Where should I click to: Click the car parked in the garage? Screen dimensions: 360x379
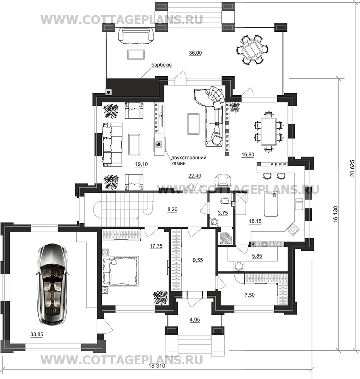(x=53, y=285)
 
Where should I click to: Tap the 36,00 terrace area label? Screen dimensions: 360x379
(x=195, y=53)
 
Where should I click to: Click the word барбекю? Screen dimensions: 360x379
(x=161, y=65)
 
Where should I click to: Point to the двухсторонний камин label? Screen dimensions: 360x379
(x=189, y=160)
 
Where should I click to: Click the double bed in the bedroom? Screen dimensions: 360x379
(x=121, y=270)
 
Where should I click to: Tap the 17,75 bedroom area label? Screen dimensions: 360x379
(x=156, y=246)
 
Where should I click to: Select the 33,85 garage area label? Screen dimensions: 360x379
(x=37, y=334)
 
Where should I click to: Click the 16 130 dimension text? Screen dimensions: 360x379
(x=336, y=214)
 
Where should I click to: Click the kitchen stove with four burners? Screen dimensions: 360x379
(x=292, y=230)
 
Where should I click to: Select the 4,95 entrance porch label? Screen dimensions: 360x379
(x=195, y=319)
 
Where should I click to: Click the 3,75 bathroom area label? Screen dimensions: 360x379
(x=223, y=213)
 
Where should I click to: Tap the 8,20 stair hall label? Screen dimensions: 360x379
(x=172, y=209)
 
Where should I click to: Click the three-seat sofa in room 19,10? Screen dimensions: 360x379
(x=112, y=144)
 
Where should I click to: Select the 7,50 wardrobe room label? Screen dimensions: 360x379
(x=249, y=295)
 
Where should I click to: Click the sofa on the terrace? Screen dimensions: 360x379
(x=136, y=36)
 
